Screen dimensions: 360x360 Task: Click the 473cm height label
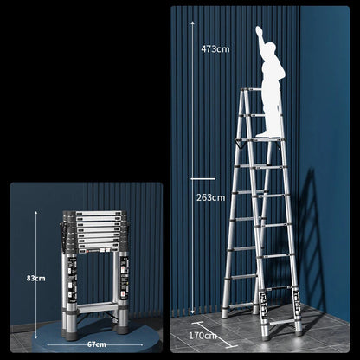(x=215, y=49)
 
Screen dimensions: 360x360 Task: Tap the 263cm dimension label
(x=210, y=197)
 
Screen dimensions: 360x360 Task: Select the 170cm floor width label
(x=202, y=336)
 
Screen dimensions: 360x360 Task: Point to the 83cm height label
(x=36, y=279)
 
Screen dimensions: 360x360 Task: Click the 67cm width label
(x=97, y=344)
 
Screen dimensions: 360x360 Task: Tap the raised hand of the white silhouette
(x=259, y=31)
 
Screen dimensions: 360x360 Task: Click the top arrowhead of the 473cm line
(x=192, y=22)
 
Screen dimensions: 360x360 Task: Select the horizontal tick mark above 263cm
(x=202, y=179)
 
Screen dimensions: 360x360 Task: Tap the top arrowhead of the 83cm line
(x=36, y=213)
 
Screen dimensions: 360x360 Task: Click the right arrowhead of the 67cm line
(x=141, y=344)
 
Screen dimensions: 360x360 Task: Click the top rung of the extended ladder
(x=252, y=90)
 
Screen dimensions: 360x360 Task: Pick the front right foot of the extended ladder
(x=299, y=333)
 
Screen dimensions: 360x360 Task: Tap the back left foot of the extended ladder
(x=224, y=315)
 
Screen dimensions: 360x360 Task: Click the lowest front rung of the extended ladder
(x=282, y=322)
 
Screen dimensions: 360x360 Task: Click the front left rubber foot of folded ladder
(x=72, y=336)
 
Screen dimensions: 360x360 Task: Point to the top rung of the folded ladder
(x=98, y=214)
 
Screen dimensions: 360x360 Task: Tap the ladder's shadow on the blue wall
(x=311, y=240)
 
